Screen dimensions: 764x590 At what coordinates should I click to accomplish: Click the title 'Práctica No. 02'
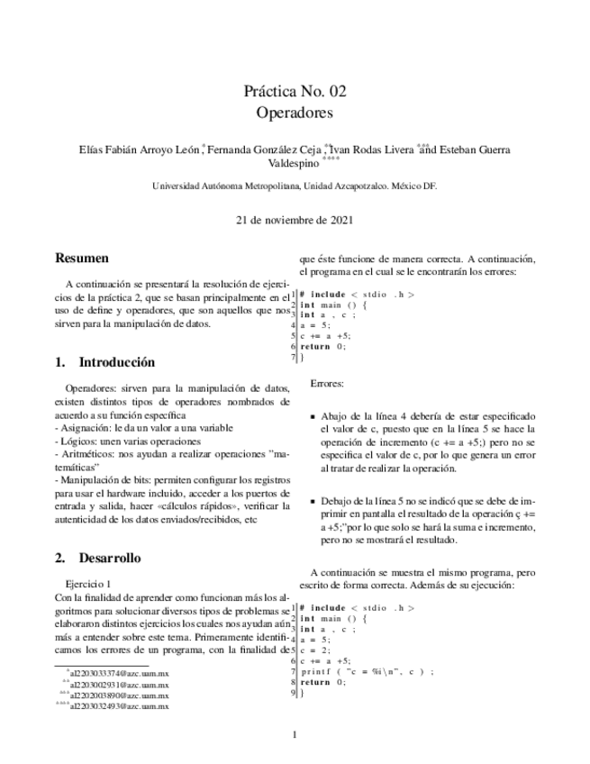[295, 91]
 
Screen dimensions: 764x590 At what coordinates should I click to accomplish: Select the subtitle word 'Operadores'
[295, 114]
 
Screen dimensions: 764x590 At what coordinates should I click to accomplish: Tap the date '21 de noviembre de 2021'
[295, 219]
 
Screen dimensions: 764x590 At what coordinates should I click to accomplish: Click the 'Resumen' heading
[82, 259]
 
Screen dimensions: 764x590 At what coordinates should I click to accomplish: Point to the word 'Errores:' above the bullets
[327, 383]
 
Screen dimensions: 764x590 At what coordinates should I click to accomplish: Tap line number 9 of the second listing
[294, 693]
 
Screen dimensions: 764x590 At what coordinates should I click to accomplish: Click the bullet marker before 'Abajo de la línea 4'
[313, 417]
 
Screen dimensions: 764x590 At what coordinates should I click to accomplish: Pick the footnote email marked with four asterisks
[118, 705]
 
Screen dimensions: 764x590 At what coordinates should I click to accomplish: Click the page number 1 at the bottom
[295, 734]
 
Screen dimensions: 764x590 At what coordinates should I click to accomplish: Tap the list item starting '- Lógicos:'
[128, 441]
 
